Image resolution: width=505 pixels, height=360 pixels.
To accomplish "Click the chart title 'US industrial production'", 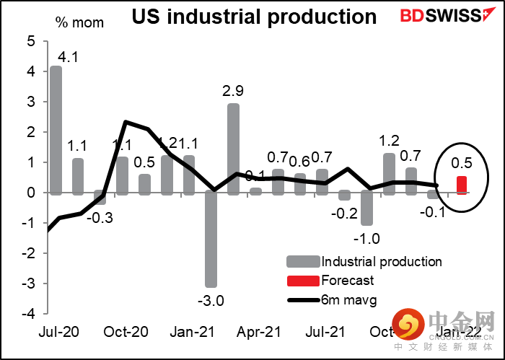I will [254, 17].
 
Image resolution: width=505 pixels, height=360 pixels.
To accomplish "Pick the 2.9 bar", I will [234, 149].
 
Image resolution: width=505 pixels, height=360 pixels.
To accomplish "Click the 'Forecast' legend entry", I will [348, 280].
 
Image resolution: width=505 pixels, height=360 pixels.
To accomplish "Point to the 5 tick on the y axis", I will [30, 42].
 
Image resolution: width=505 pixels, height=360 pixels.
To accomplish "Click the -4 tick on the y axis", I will [28, 314].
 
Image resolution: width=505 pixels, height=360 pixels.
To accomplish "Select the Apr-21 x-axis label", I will [258, 333].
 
